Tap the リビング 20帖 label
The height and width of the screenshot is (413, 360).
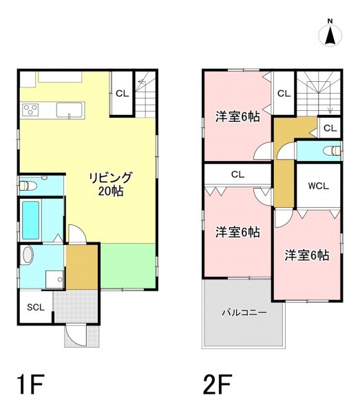pos(111,184)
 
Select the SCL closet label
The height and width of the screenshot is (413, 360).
pos(36,307)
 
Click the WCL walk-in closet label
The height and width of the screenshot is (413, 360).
pos(319,186)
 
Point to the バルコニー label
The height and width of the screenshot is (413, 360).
pos(244,313)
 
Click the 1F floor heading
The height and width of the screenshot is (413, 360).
pos(30,384)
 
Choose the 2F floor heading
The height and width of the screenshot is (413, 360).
pos(218,384)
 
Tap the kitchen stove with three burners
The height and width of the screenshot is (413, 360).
pos(30,109)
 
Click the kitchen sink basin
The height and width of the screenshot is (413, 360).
pos(70,110)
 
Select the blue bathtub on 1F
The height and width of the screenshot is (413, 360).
pos(31,220)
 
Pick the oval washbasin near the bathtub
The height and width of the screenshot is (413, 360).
pos(28,255)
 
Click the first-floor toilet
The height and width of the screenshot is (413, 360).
pos(28,186)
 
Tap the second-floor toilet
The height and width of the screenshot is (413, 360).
pos(332,151)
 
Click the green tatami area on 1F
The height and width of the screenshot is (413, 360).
pos(128,266)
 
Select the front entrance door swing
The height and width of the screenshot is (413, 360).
pos(76,335)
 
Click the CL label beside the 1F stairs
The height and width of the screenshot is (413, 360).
pos(123,93)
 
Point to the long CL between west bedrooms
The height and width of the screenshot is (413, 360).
pos(237,174)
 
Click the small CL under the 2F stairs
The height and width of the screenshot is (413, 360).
pos(330,128)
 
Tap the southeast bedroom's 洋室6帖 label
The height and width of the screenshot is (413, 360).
pos(307,255)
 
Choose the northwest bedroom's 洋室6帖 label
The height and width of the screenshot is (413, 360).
pos(237,117)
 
